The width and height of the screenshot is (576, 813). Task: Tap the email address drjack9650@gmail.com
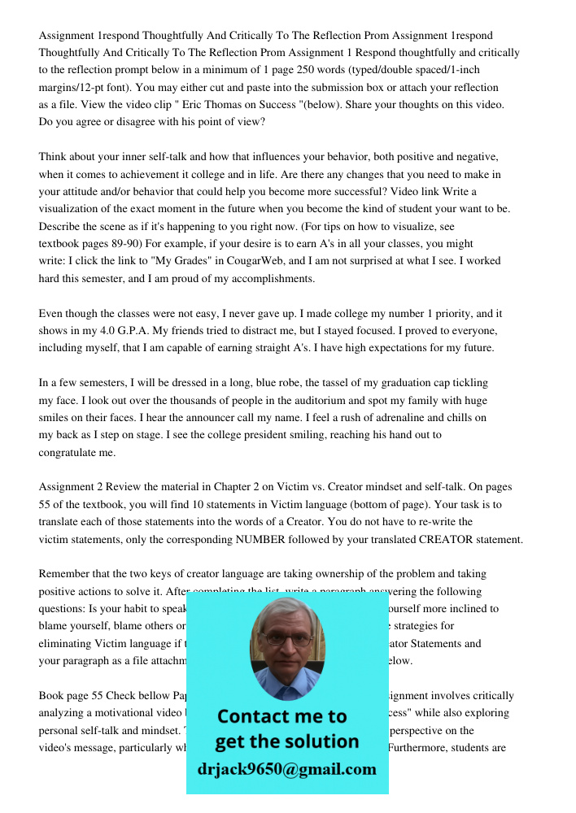286,769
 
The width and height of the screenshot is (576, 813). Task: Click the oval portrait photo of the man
286,649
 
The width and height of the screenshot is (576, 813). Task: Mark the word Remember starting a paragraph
64,574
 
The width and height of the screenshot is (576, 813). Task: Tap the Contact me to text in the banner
281,716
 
